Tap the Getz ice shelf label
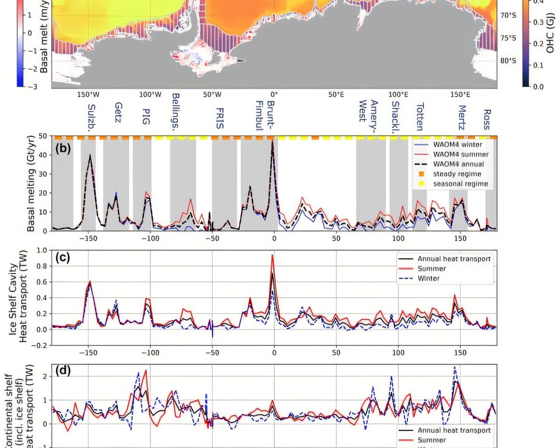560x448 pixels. pos(118,112)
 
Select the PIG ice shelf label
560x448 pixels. pos(146,116)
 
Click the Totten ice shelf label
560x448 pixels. pos(420,117)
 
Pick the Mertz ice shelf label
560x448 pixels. pos(462,117)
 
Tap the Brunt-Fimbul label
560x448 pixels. pos(265,115)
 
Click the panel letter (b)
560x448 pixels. pos(63,148)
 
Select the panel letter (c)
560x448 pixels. pos(63,257)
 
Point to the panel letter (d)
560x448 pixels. pos(63,371)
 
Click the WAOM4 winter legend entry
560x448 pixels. pos(457,144)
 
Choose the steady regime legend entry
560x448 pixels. pos(457,174)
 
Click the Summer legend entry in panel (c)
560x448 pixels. pos(431,269)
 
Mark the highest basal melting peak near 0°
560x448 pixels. pos(273,140)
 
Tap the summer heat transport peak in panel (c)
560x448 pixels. pos(273,255)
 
